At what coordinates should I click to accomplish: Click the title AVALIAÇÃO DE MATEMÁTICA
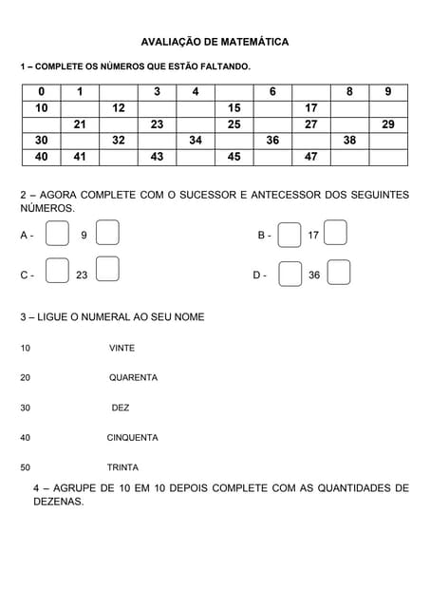pyautogui.click(x=215, y=43)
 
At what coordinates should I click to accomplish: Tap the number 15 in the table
pyautogui.click(x=234, y=108)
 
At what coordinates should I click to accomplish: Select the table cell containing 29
pyautogui.click(x=388, y=124)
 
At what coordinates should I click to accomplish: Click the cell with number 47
pyautogui.click(x=311, y=157)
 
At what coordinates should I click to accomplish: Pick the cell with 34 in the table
pyautogui.click(x=196, y=141)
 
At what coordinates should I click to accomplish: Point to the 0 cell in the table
pyautogui.click(x=41, y=92)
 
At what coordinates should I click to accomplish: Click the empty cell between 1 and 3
pyautogui.click(x=119, y=92)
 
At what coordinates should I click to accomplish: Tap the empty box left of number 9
pyautogui.click(x=57, y=234)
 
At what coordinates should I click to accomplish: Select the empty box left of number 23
pyautogui.click(x=57, y=274)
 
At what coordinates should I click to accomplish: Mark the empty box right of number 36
pyautogui.click(x=339, y=274)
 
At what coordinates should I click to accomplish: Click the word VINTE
pyautogui.click(x=122, y=349)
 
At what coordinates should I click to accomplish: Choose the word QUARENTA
pyautogui.click(x=133, y=378)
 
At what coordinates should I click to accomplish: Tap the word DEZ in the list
pyautogui.click(x=121, y=408)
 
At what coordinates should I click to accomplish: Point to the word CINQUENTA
pyautogui.click(x=132, y=438)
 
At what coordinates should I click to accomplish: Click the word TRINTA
pyautogui.click(x=122, y=467)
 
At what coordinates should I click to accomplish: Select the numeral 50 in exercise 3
pyautogui.click(x=26, y=467)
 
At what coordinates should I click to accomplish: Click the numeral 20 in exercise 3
pyautogui.click(x=26, y=378)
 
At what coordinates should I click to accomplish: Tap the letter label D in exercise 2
pyautogui.click(x=258, y=275)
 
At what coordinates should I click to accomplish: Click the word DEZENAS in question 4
pyautogui.click(x=58, y=503)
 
